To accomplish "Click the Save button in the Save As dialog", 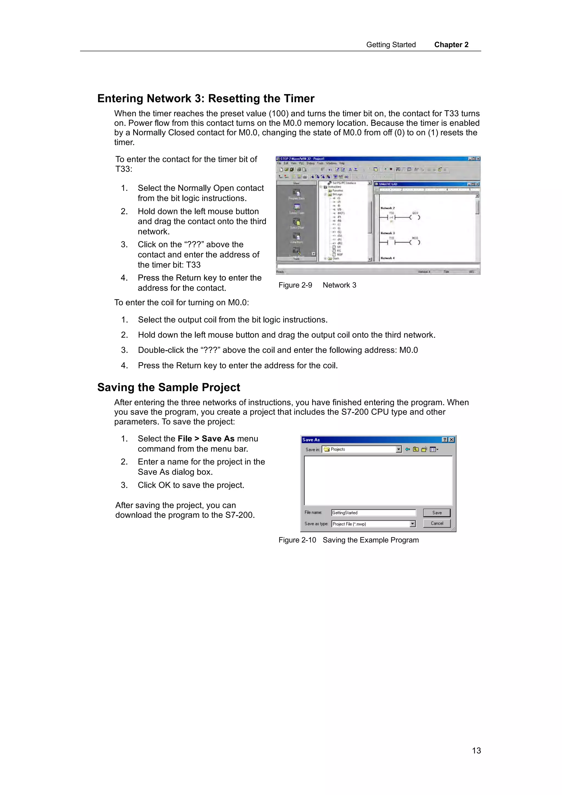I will (x=436, y=512).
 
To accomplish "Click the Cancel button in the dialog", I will (x=436, y=523).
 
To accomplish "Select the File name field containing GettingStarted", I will (x=373, y=512).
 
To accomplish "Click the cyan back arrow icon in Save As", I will (x=408, y=449).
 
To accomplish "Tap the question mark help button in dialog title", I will (x=445, y=440).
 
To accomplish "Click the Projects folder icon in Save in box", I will (x=327, y=449).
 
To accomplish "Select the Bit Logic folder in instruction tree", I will (x=337, y=194).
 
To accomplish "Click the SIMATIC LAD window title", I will (x=388, y=184).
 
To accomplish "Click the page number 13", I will (x=476, y=751).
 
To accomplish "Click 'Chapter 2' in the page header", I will (x=451, y=45).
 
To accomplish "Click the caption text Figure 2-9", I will (x=295, y=285).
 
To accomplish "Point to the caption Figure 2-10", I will (x=297, y=540).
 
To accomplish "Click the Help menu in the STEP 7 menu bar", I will (x=341, y=163).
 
